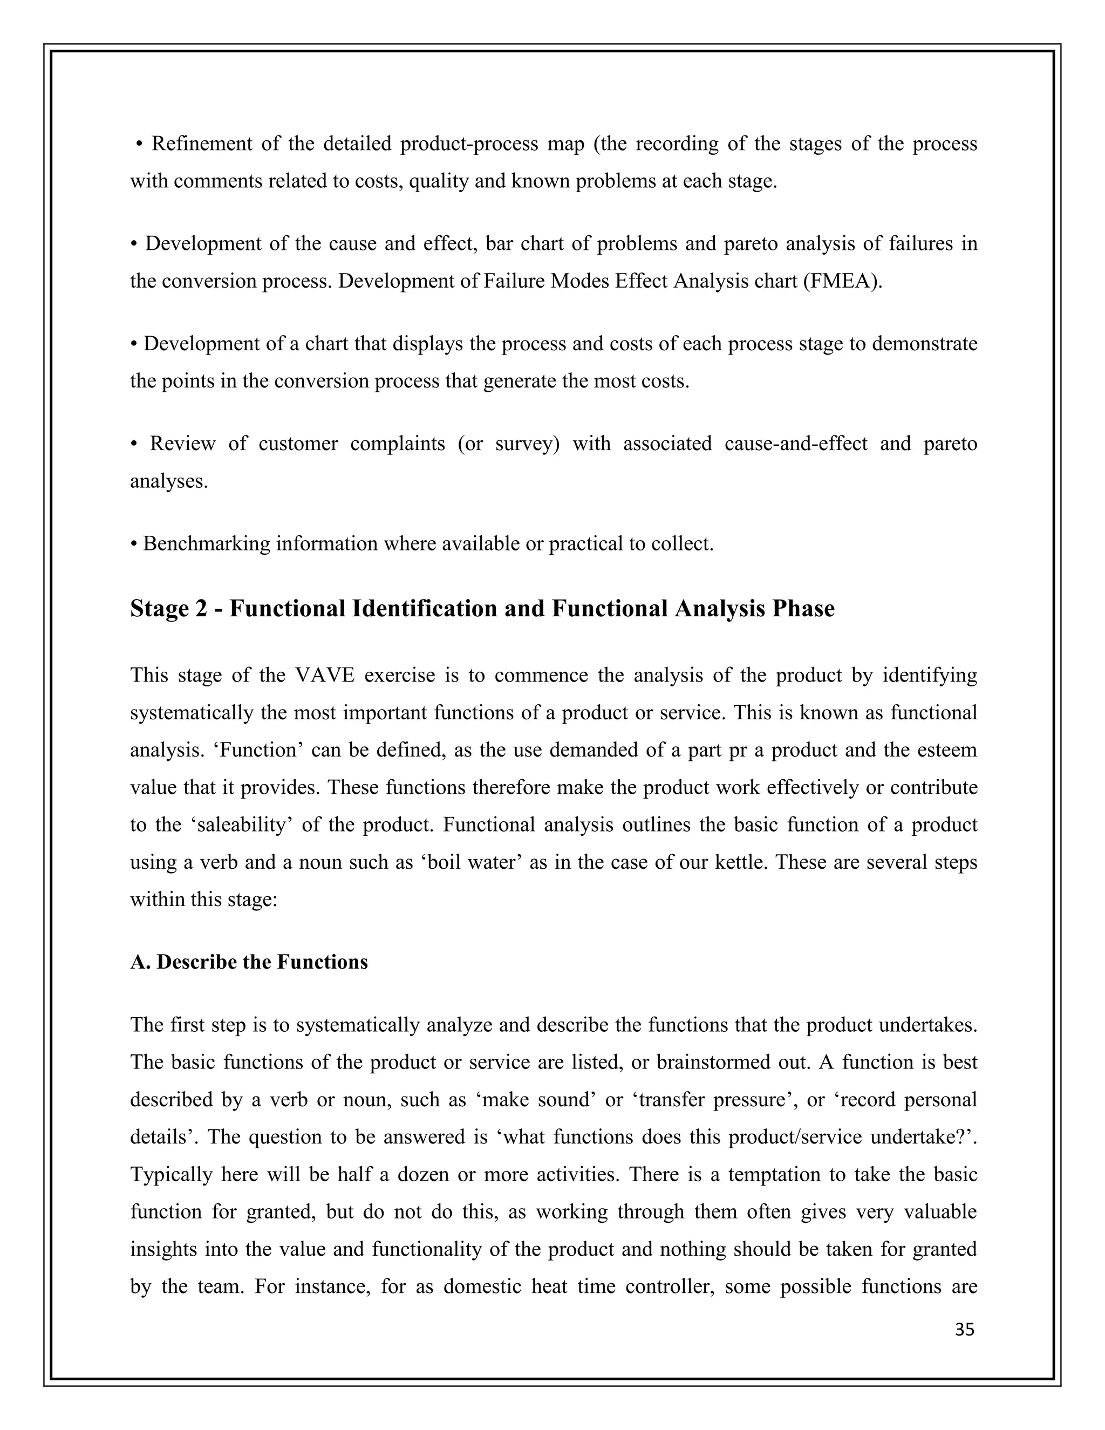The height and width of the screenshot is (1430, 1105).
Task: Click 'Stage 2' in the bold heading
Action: click(168, 608)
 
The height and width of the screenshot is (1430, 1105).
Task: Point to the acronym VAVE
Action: click(325, 675)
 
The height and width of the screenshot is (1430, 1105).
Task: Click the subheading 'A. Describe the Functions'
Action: click(249, 962)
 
